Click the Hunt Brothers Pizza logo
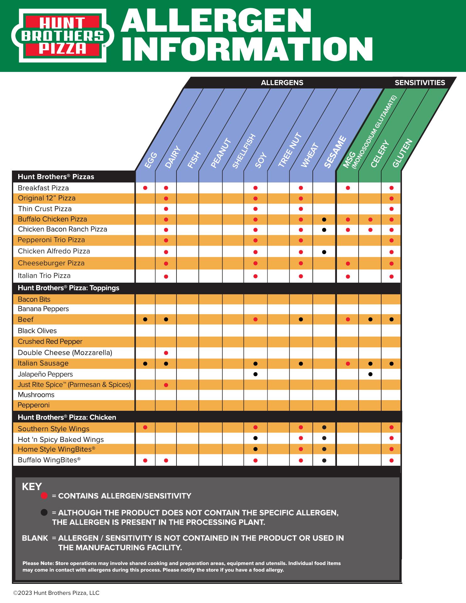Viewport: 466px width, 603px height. tap(61, 35)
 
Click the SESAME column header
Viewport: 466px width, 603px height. tap(335, 152)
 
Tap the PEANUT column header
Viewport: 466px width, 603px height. tap(221, 153)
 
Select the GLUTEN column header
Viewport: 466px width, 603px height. tap(402, 153)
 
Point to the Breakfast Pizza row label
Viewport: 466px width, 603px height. tap(43, 188)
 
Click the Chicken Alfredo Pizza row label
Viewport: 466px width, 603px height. tap(54, 251)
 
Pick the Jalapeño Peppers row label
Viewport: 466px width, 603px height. tap(45, 374)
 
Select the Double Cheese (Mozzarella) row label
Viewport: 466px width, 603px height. tap(65, 353)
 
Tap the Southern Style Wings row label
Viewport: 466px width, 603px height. tap(54, 429)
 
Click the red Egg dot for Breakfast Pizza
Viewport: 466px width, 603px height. tap(145, 188)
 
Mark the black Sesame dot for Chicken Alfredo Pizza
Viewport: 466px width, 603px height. tap(324, 252)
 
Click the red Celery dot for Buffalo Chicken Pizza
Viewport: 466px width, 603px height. tap(371, 220)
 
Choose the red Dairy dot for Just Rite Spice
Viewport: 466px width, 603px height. tap(166, 385)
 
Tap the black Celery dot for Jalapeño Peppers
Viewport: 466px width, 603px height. tap(371, 374)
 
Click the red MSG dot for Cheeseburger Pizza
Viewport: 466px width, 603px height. tap(348, 263)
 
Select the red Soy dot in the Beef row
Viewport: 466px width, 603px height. tap(255, 319)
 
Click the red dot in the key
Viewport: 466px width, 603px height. tap(44, 496)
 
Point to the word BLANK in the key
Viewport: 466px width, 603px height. tap(35, 538)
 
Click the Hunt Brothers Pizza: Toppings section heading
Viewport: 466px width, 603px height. tap(68, 288)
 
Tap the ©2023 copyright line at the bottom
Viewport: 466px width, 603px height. tap(56, 593)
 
